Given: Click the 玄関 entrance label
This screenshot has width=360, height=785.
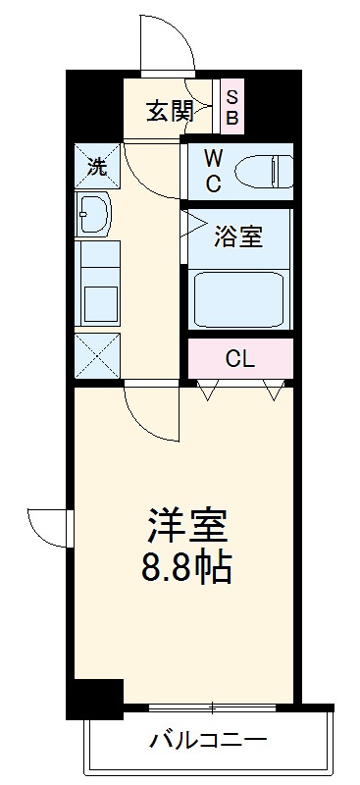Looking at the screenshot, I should point(170,110).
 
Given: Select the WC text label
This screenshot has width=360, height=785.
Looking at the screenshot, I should point(214,170).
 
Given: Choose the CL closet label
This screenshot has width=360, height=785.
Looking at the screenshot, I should point(240,359).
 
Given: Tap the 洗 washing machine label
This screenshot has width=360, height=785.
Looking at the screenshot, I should point(96,166).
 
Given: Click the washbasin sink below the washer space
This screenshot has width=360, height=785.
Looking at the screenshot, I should point(95,211).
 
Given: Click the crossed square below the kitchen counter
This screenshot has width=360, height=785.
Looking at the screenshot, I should point(96,355).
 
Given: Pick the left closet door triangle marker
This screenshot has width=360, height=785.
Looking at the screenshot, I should point(206,391).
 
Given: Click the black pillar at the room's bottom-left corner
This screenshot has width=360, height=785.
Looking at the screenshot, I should point(94,699).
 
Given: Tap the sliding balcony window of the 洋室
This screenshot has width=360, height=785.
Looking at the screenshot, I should point(210,707).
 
